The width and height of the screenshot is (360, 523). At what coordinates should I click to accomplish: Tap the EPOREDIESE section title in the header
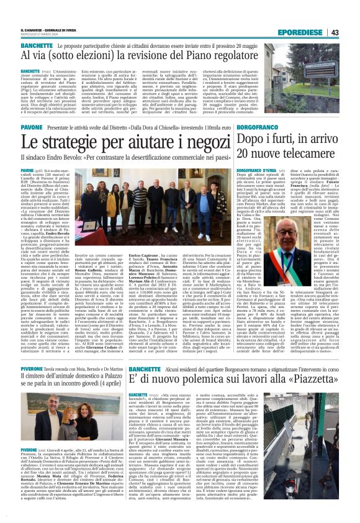tap(302, 32)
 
